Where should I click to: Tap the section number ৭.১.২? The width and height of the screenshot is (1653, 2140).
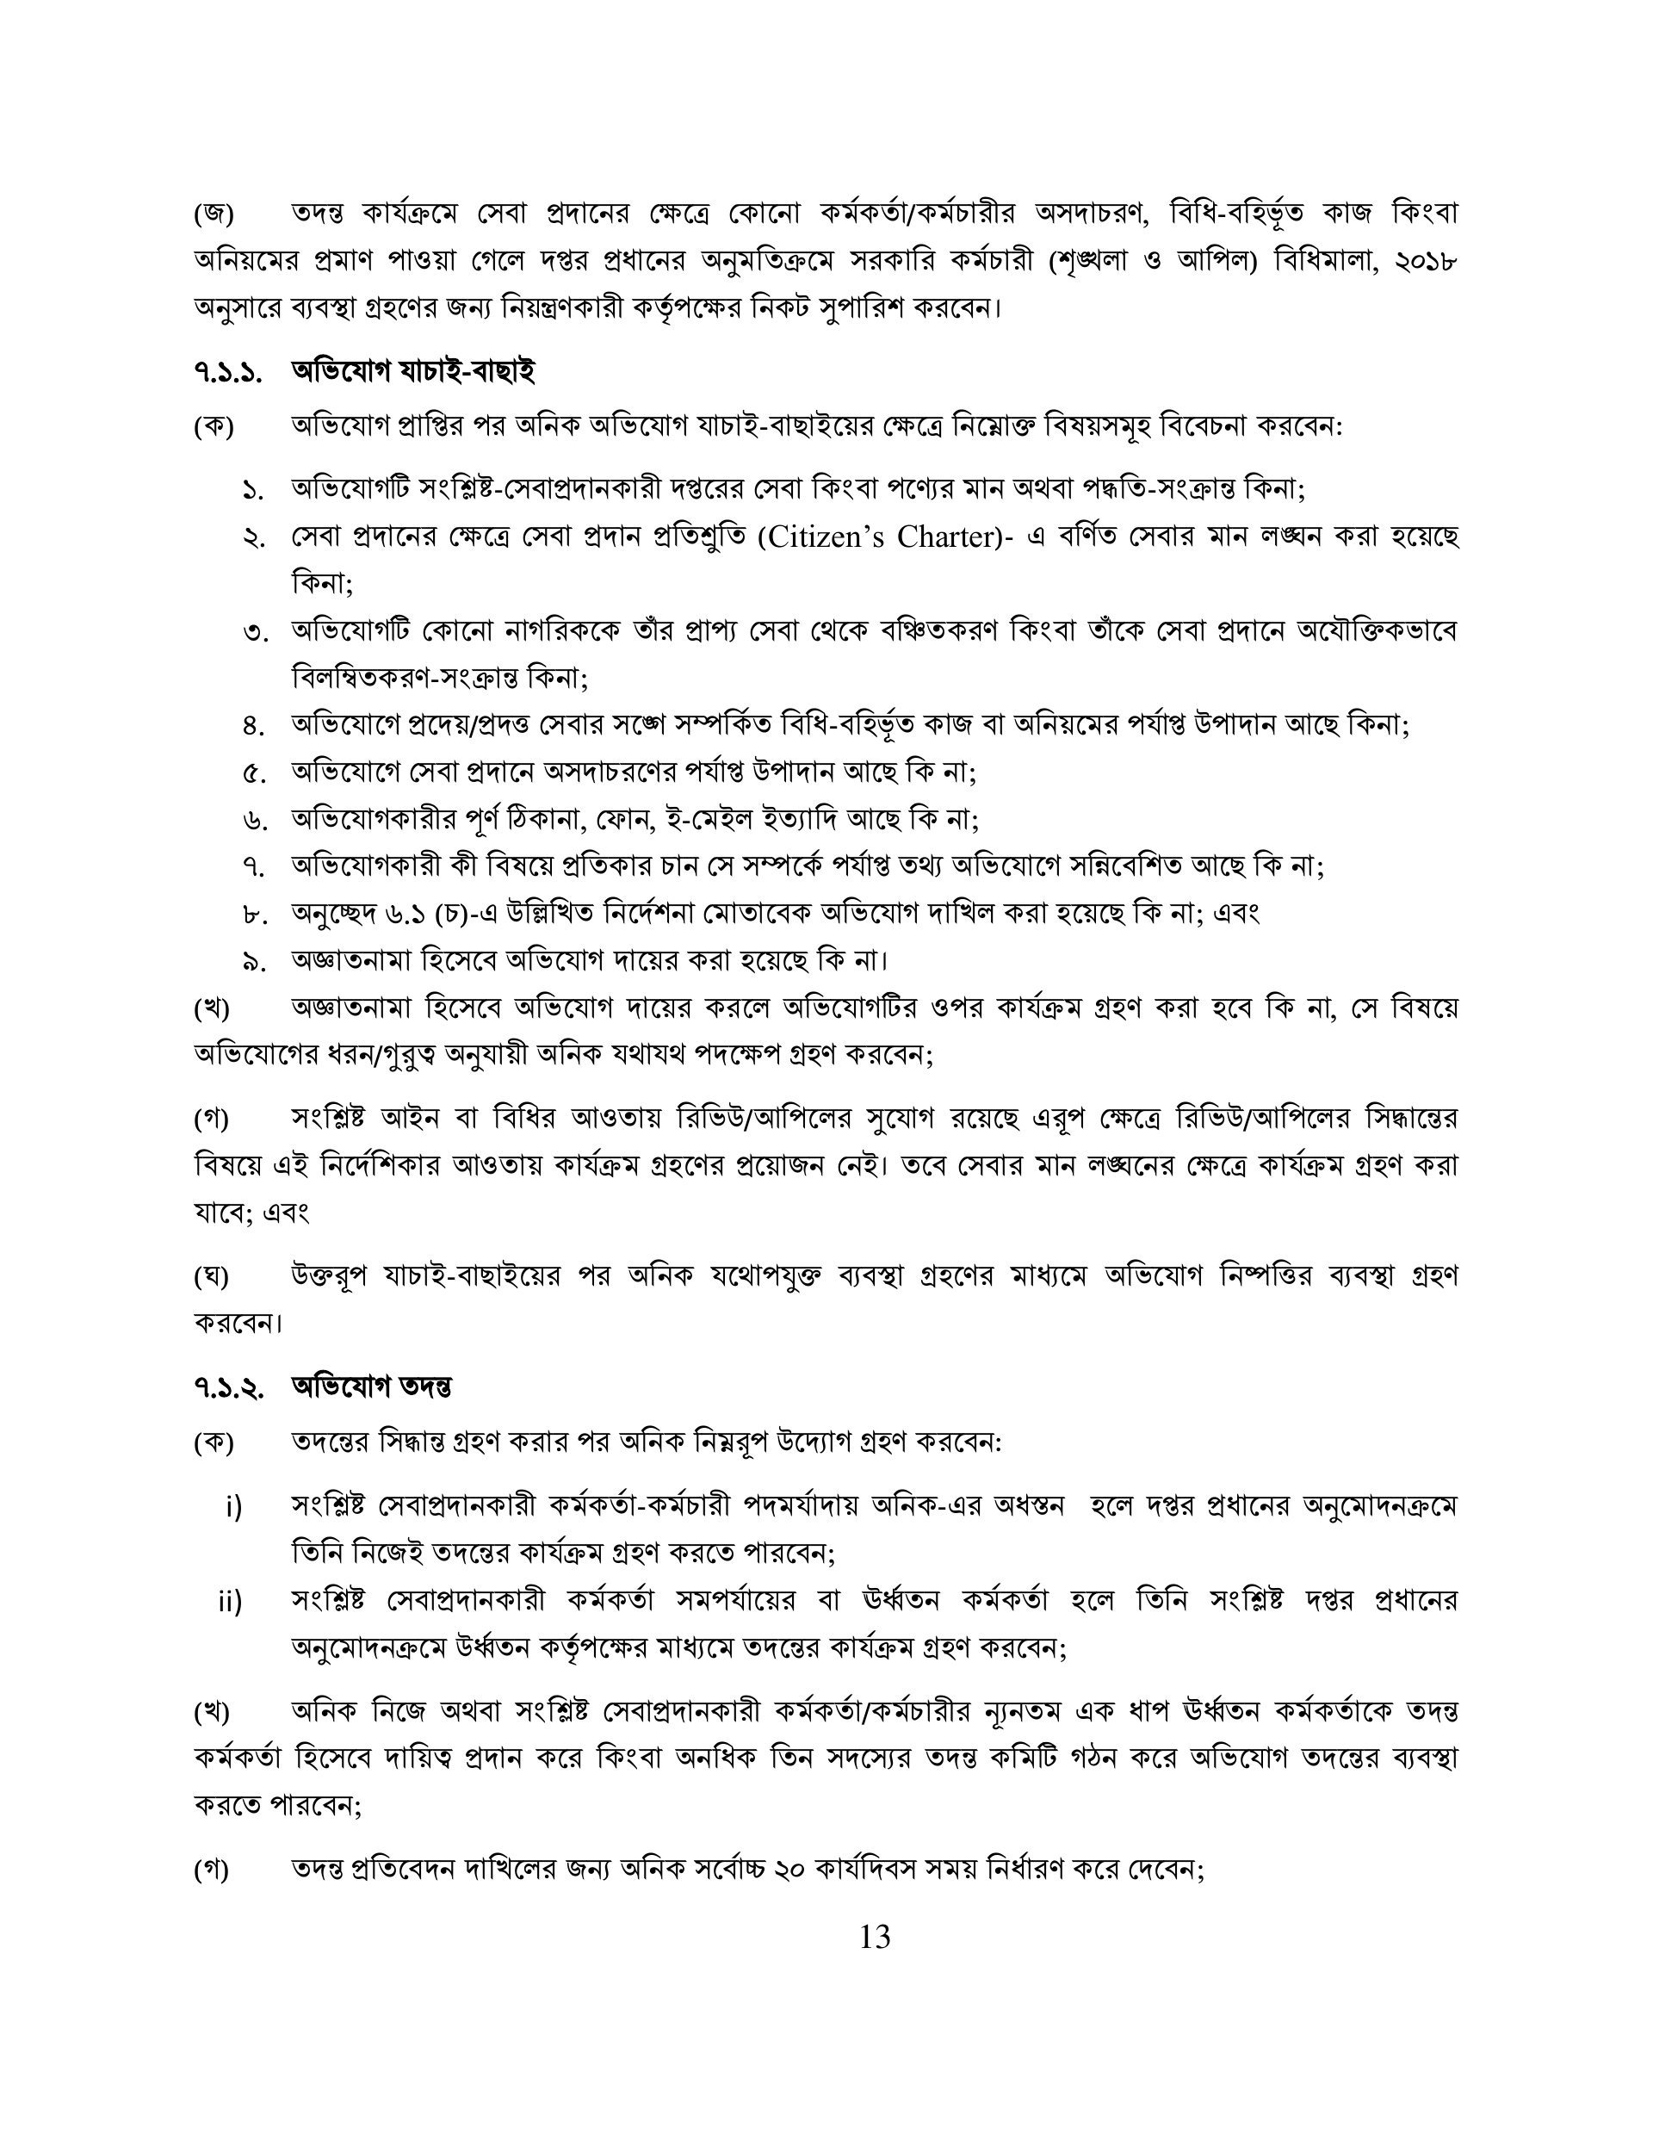point(227,1387)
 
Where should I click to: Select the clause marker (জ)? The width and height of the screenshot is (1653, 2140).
point(213,214)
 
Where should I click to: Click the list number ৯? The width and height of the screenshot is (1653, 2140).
point(254,961)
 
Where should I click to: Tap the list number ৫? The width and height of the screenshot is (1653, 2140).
point(254,773)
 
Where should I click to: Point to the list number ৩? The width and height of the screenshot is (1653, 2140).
point(254,632)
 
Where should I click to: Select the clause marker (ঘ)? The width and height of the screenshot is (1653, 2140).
point(212,1275)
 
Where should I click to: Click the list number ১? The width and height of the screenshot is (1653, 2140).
point(254,490)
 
